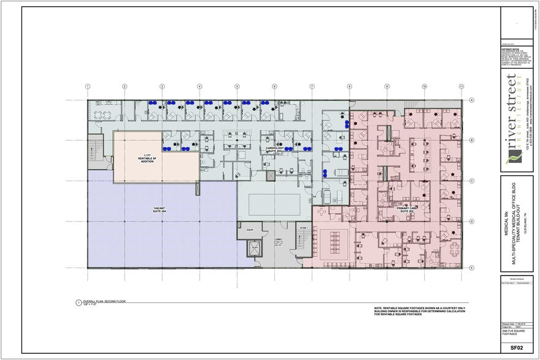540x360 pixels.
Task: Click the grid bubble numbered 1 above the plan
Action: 88,86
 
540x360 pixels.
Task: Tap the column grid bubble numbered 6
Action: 274,86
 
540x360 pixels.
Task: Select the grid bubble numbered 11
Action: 462,86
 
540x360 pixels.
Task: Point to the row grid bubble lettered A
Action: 472,100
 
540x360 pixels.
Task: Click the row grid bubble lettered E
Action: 472,268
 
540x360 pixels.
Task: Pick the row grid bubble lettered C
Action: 472,181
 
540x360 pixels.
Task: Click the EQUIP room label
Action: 250,230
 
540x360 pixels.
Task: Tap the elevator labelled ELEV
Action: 255,248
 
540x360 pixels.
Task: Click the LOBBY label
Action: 278,240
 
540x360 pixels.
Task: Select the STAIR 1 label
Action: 303,228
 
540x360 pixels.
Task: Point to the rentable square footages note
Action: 419,312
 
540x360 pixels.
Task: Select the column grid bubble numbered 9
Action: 387,86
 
